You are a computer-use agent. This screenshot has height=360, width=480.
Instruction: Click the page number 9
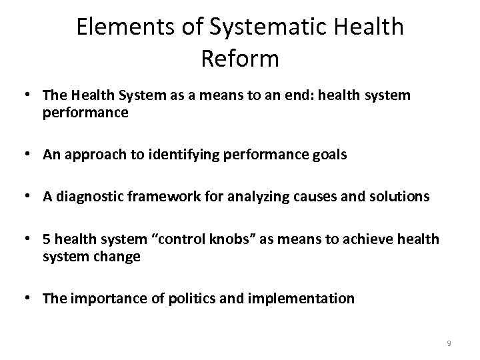pos(449,343)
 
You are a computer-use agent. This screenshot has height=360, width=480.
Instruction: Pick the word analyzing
pos(253,197)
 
